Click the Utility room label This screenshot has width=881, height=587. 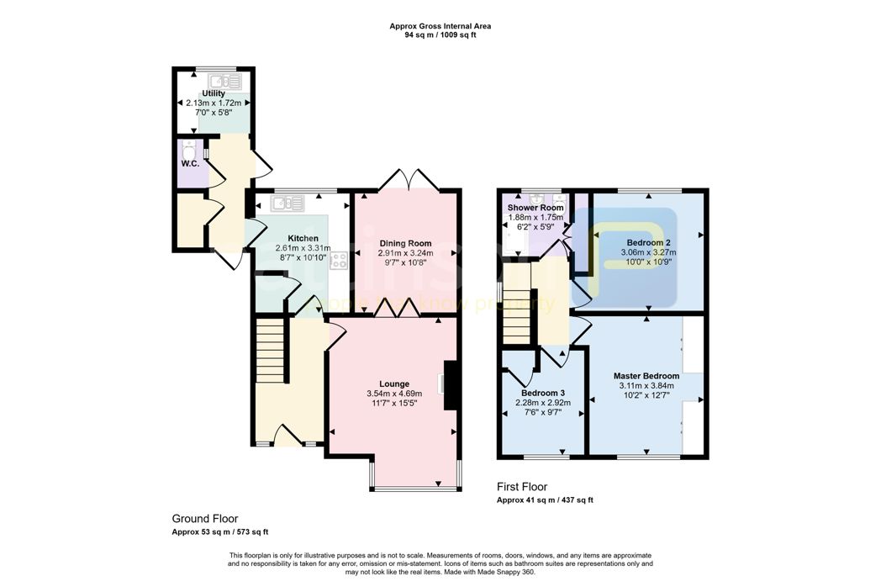pyautogui.click(x=214, y=93)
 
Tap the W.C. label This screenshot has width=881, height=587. pyautogui.click(x=189, y=163)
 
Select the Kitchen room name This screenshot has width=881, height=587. pyautogui.click(x=303, y=238)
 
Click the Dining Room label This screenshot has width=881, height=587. pyautogui.click(x=405, y=243)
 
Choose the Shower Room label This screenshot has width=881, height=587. pyautogui.click(x=535, y=208)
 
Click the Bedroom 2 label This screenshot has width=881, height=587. pyautogui.click(x=648, y=241)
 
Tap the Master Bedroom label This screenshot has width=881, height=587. pyautogui.click(x=646, y=375)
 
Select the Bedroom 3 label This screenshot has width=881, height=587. pyautogui.click(x=542, y=393)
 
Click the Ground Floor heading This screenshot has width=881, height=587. pyautogui.click(x=205, y=519)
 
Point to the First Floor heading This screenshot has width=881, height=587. pyautogui.click(x=521, y=487)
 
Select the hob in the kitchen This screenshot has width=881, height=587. pyautogui.click(x=340, y=260)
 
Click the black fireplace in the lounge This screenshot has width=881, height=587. pyautogui.click(x=450, y=386)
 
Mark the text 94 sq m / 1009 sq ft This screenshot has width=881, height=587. pyautogui.click(x=440, y=35)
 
